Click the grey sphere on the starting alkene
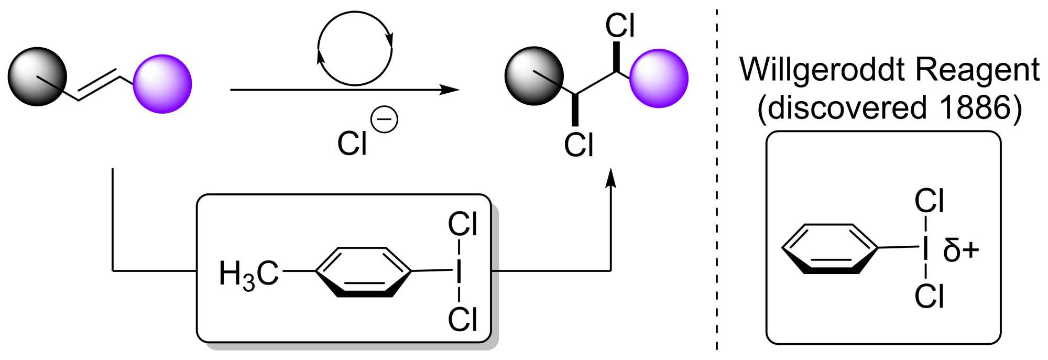(37, 77)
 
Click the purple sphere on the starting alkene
(162, 84)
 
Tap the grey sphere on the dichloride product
(534, 76)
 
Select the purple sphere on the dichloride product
(659, 79)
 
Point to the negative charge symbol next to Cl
(384, 119)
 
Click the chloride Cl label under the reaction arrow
(352, 144)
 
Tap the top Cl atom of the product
(620, 25)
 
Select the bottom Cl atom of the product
(578, 145)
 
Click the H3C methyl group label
(248, 274)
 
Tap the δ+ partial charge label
(960, 250)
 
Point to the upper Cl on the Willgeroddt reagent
(929, 201)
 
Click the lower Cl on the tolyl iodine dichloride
(463, 319)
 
